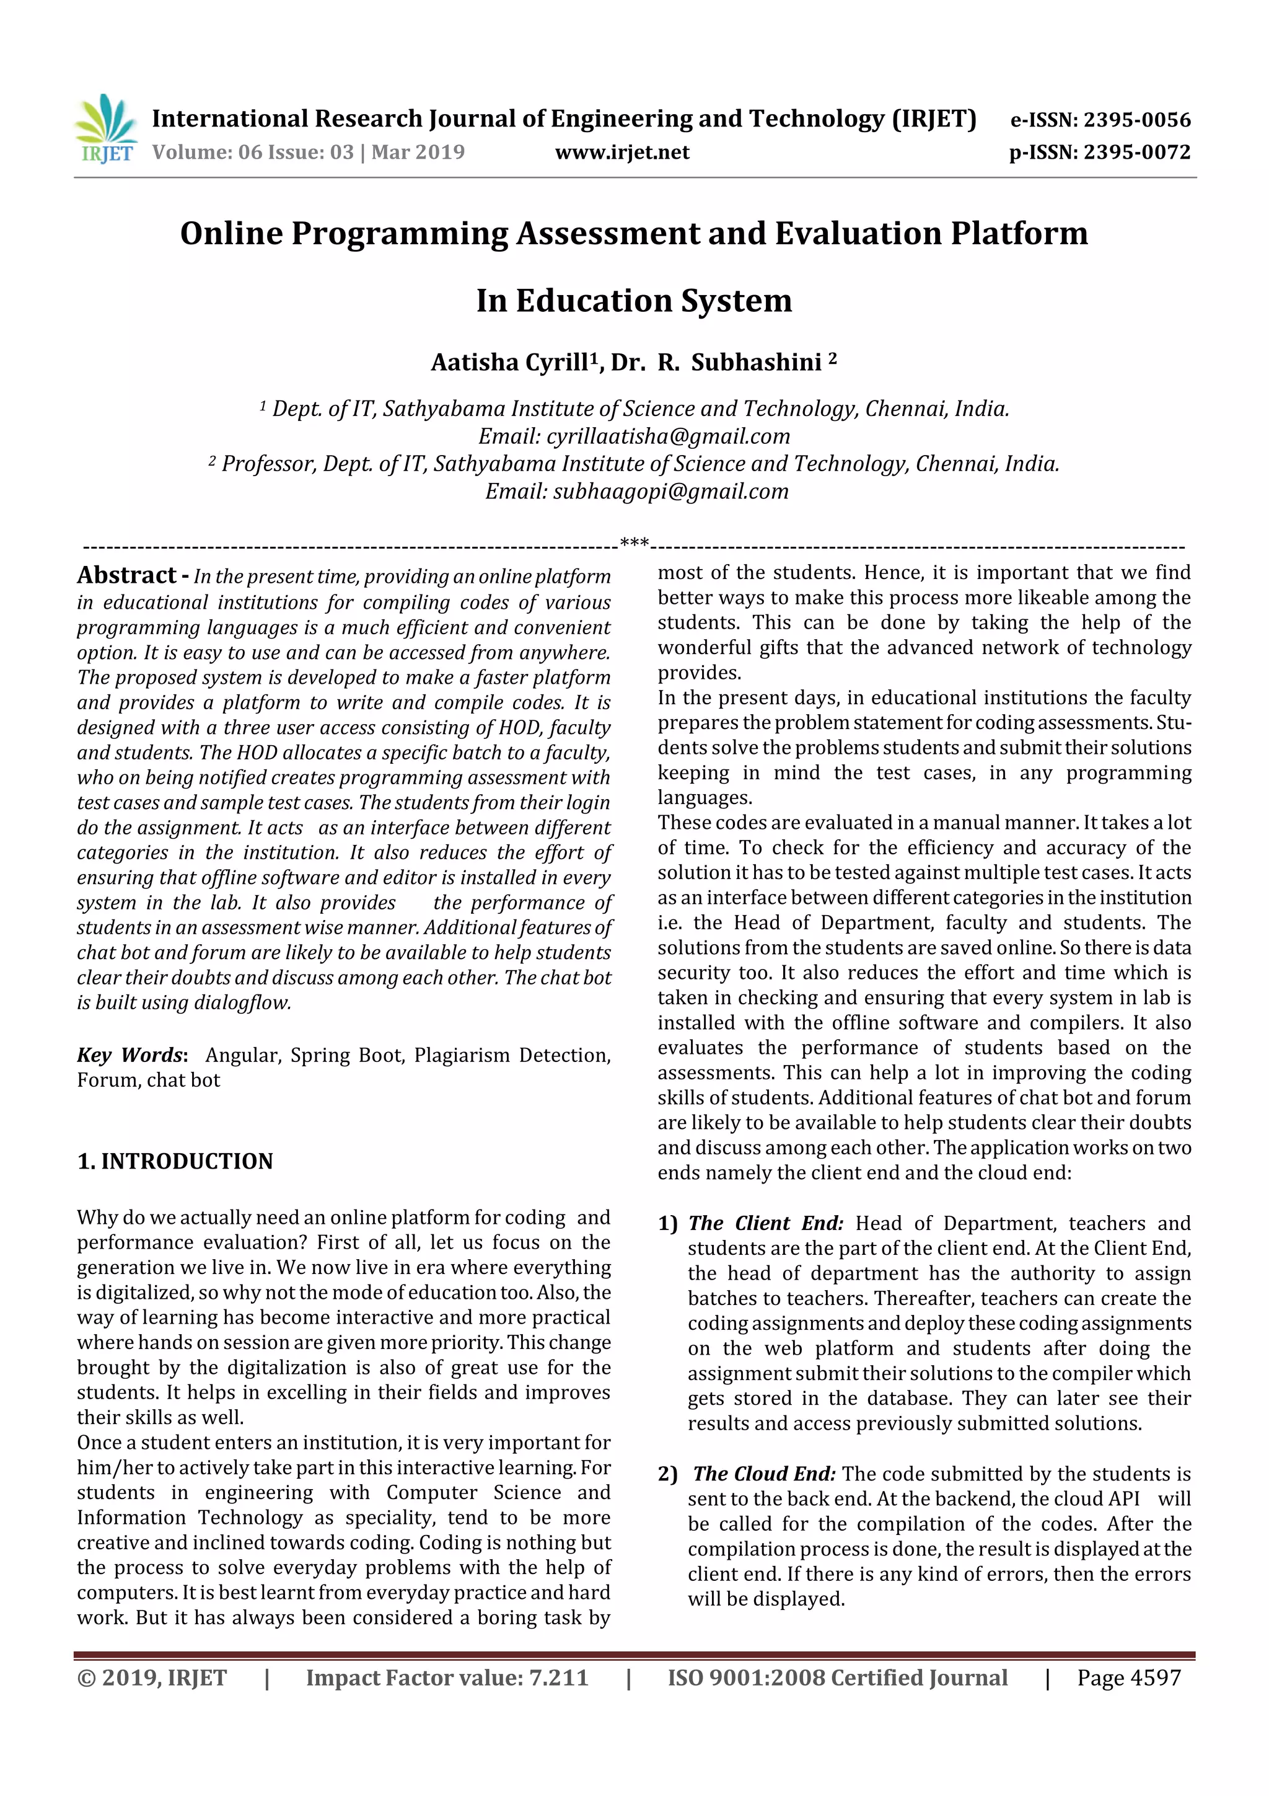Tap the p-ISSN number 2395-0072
point(1137,153)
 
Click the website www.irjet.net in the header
point(621,153)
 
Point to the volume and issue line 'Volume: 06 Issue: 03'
point(253,153)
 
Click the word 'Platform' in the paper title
point(1019,234)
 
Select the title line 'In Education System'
point(634,301)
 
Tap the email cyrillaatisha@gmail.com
point(668,436)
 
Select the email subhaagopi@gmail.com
point(671,491)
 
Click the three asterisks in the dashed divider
point(633,543)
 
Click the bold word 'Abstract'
point(126,576)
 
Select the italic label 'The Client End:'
point(765,1223)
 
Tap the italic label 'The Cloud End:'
point(764,1474)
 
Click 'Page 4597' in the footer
point(1128,1678)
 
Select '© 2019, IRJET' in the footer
point(152,1678)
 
